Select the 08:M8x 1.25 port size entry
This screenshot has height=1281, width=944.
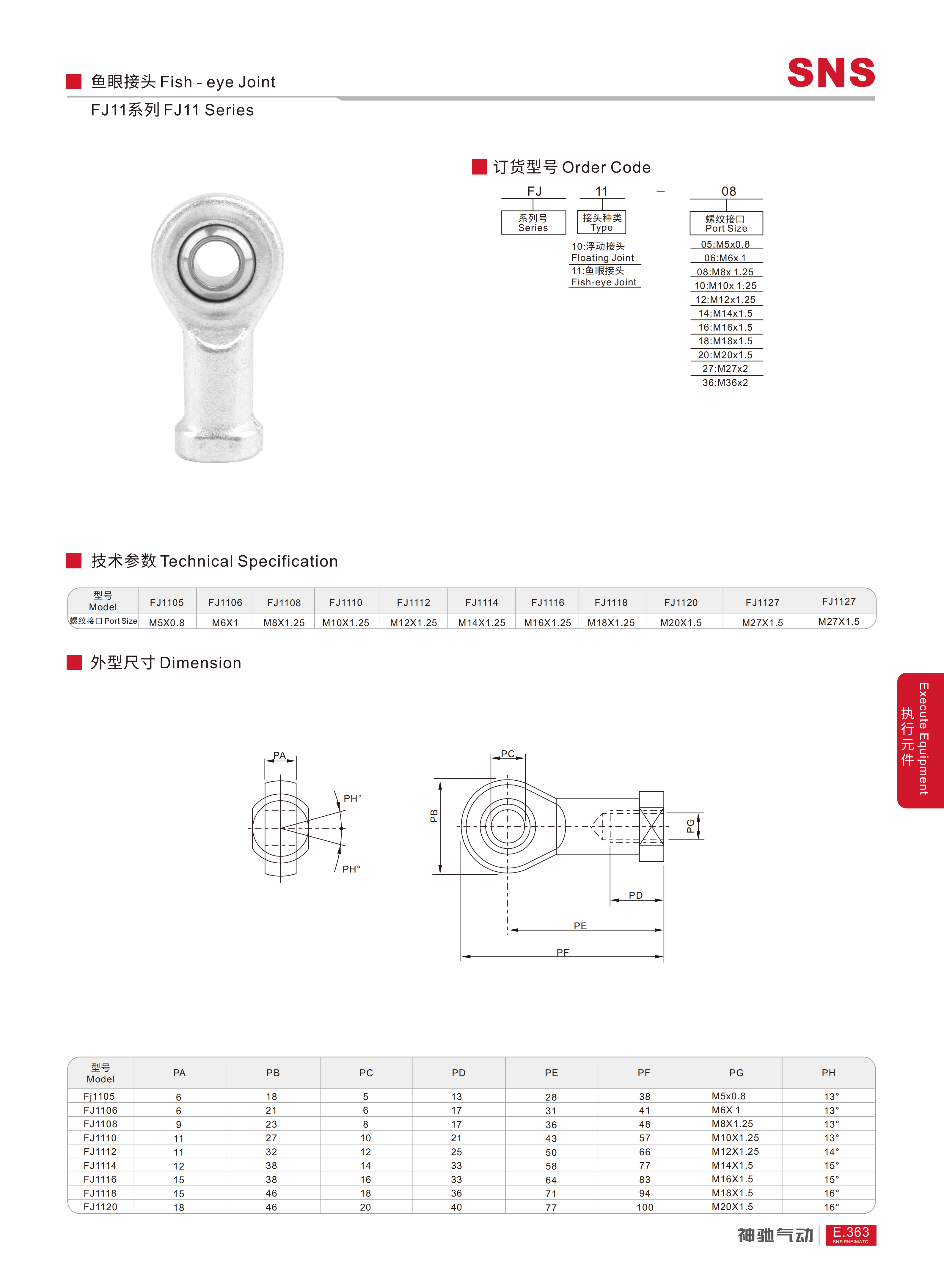coord(725,272)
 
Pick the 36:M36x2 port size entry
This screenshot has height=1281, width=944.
coord(725,382)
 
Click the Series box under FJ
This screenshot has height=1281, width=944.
coord(533,222)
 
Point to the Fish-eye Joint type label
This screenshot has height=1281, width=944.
coord(604,282)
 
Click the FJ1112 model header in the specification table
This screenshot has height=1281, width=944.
coord(414,602)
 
